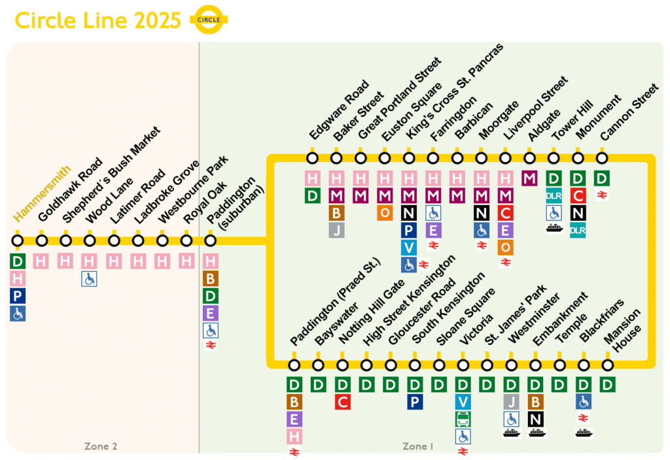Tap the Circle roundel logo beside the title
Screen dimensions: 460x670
point(209,20)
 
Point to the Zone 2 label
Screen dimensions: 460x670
point(101,446)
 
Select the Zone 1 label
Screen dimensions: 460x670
point(418,446)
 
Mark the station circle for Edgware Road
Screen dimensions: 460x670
point(312,157)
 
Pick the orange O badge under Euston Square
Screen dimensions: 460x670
point(385,212)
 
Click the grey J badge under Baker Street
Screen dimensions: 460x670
point(336,230)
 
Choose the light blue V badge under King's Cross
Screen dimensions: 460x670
point(409,247)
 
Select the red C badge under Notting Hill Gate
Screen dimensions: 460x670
point(342,402)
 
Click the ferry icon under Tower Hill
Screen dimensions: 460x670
point(554,229)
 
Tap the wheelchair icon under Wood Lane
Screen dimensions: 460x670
point(90,279)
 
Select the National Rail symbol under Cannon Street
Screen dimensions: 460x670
point(602,194)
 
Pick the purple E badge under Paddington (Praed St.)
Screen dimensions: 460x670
point(294,419)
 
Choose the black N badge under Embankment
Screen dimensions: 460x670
point(536,419)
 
